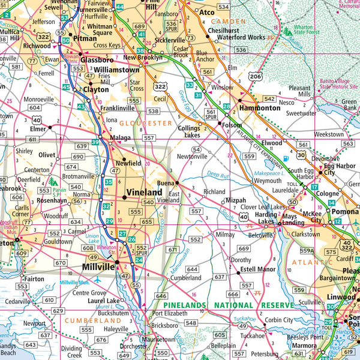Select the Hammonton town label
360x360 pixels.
(257, 108)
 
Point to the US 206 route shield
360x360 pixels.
(239, 77)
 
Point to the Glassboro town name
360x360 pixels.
(97, 59)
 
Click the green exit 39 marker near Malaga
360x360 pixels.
(95, 142)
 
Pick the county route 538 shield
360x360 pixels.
(154, 111)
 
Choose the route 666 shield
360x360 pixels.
(233, 294)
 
